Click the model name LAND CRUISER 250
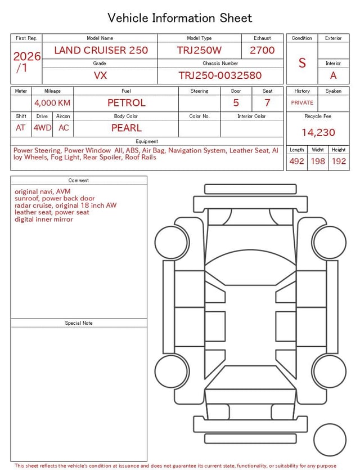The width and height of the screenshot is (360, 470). (101, 50)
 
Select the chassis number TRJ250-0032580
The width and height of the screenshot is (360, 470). (220, 75)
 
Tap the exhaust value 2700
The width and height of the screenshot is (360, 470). (262, 50)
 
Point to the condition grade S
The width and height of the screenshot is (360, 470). (302, 62)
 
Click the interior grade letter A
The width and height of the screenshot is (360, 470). (333, 75)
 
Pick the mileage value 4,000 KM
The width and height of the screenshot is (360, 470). (52, 103)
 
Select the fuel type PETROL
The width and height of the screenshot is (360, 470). (127, 103)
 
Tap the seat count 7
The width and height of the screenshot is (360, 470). (267, 103)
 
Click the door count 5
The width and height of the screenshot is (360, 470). (236, 103)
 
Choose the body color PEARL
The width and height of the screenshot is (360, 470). (127, 128)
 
